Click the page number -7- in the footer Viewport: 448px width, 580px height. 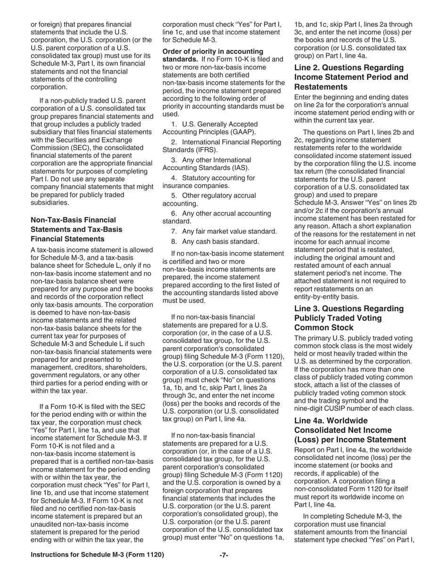[224, 555]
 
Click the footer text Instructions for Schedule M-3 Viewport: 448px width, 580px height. [97, 555]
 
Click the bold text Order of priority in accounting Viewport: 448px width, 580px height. [213, 51]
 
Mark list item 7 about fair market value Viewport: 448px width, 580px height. [224, 231]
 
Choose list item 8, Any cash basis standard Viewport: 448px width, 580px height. [215, 242]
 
